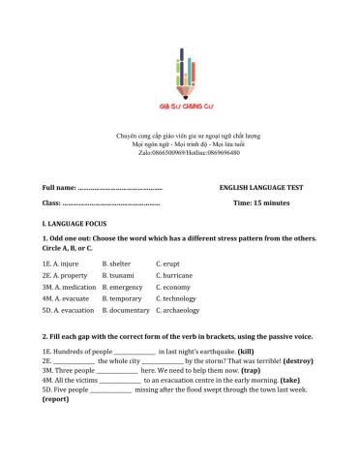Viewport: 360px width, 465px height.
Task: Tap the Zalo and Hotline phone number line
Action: [x=180, y=153]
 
